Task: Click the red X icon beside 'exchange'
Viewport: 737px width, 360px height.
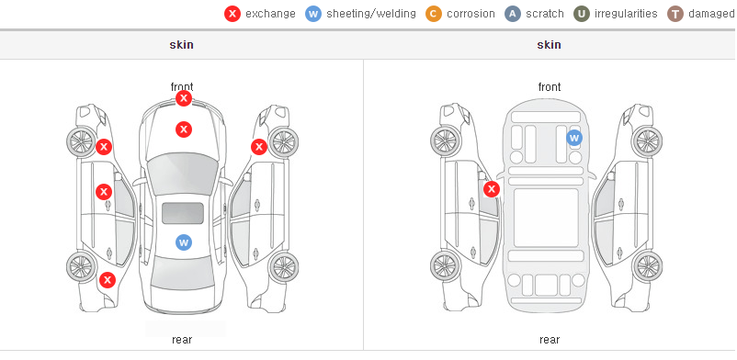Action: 232,14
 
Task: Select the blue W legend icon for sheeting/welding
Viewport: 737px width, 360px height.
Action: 313,14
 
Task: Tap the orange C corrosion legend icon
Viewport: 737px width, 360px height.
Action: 434,14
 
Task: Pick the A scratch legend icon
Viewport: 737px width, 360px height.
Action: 513,14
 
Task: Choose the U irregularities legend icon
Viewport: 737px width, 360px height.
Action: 582,14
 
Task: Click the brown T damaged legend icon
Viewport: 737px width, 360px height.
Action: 675,14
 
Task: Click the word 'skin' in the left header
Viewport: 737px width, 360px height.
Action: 181,45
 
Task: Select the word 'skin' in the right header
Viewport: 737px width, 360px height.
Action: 549,45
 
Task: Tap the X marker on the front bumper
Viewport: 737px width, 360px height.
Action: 184,98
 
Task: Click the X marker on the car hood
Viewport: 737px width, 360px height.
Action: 184,129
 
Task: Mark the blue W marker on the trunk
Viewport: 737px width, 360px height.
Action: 184,242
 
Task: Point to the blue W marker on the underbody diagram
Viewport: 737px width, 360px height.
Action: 574,138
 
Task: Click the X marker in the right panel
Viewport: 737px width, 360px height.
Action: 492,189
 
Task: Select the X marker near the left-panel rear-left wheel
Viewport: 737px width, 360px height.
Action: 108,281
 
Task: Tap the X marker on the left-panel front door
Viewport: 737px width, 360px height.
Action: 104,192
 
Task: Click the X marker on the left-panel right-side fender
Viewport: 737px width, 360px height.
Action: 259,147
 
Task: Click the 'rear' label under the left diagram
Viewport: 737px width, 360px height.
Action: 182,340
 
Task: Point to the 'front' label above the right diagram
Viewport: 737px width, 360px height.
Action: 550,87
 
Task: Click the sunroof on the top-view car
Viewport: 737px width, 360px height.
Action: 183,213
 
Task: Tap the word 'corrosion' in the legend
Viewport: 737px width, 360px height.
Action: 471,14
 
